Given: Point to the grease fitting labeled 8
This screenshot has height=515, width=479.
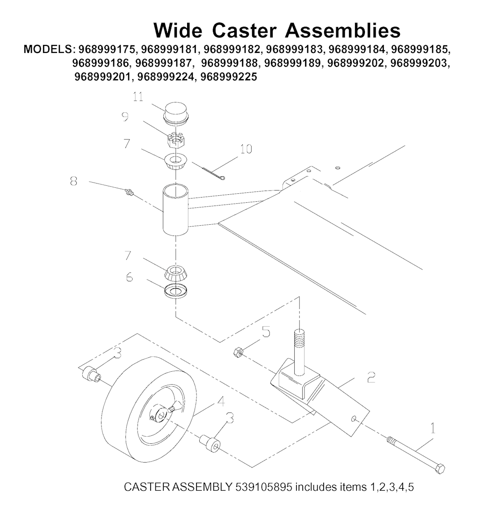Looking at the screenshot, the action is point(129,192).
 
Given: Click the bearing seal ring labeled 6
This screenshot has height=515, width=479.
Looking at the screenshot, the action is point(176,292).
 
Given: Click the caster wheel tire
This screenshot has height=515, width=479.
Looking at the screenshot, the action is point(150,410).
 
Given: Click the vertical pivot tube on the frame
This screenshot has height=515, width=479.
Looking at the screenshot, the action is point(175,210).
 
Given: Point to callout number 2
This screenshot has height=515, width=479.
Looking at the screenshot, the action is point(371,377).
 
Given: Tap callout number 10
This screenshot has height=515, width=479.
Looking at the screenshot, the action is point(246,149).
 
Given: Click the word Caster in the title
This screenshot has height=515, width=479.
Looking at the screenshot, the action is point(244,30).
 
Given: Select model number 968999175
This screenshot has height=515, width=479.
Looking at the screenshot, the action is point(106,49).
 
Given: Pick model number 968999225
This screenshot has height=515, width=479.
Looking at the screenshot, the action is point(229,76).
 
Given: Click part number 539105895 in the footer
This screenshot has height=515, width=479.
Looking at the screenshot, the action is point(263,487).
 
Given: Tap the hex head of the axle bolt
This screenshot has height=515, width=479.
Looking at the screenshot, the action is point(440,468).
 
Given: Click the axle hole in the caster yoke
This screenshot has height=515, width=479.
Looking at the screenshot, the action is point(353,419).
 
